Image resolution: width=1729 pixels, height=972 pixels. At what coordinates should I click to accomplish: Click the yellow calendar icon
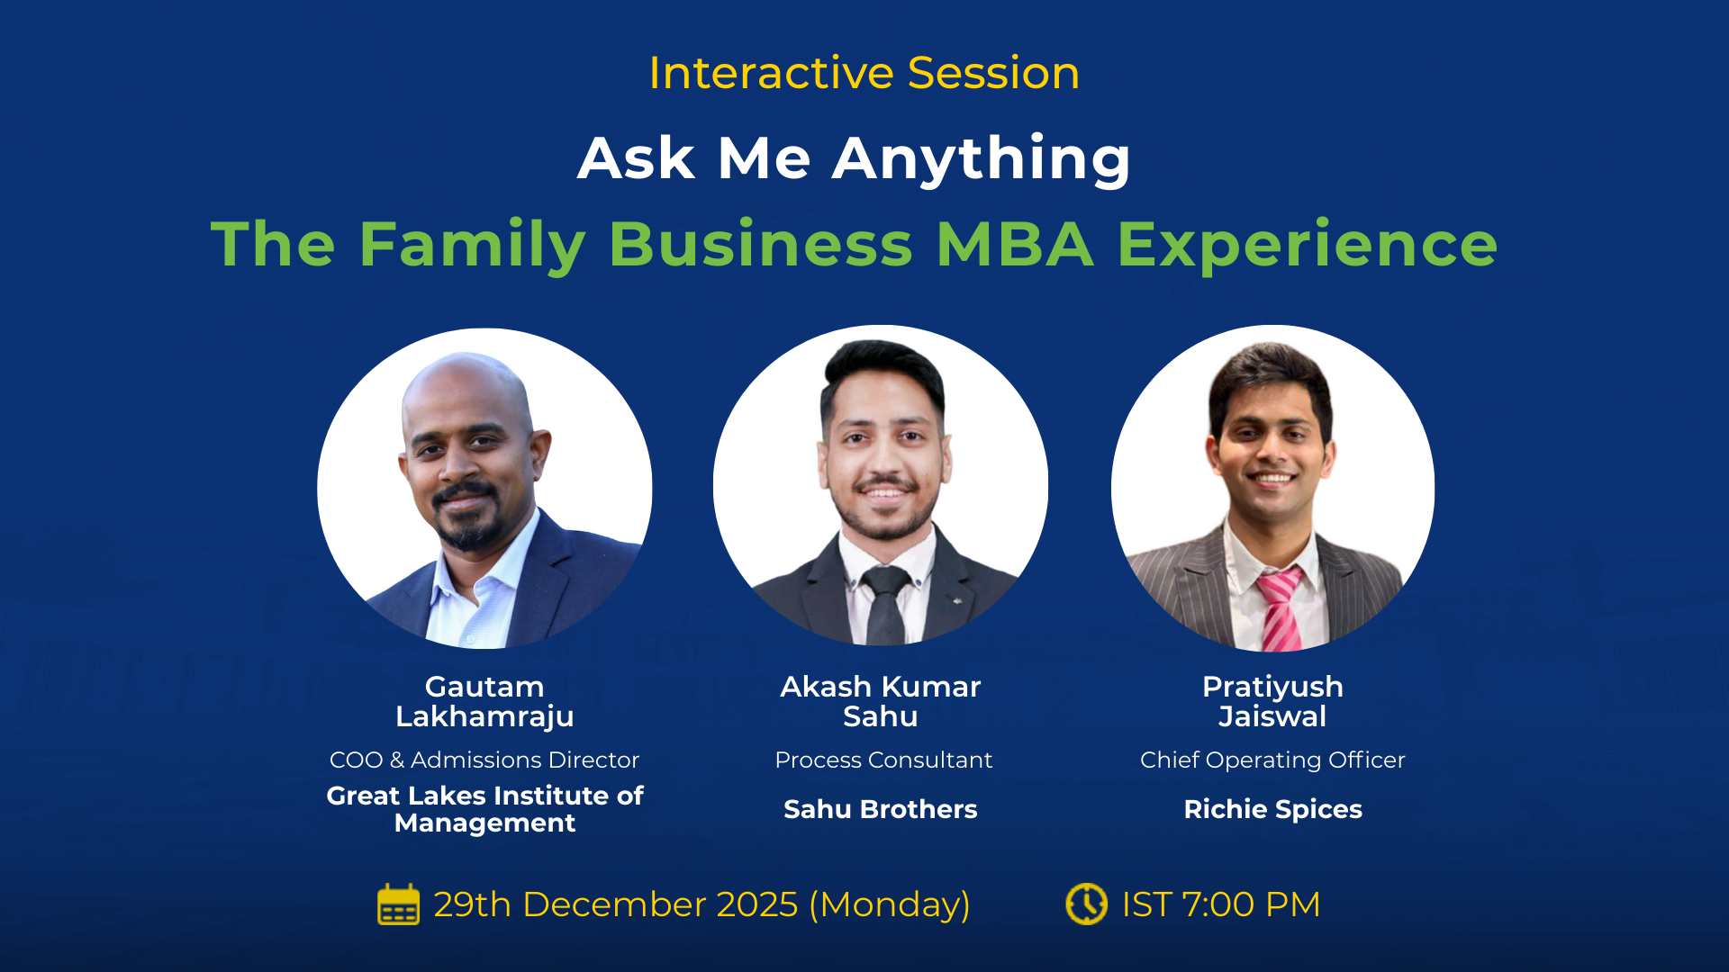tap(398, 904)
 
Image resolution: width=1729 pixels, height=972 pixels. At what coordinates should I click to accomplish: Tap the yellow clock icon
tap(1087, 904)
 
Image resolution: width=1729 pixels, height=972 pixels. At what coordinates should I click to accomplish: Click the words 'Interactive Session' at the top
tap(864, 73)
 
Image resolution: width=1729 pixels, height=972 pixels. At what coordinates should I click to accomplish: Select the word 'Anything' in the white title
tap(982, 159)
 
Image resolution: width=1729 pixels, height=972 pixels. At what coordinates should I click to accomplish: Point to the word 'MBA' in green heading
tap(1015, 244)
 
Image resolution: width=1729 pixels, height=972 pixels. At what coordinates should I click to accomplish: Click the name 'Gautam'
tap(484, 687)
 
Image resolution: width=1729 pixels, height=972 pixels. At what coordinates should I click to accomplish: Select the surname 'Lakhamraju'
tap(484, 717)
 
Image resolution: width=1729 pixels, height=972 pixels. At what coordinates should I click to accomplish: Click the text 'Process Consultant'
tap(883, 760)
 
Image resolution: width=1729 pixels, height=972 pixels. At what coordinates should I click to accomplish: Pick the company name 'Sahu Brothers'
tap(880, 809)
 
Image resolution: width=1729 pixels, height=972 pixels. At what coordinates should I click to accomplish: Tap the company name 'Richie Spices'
tap(1272, 809)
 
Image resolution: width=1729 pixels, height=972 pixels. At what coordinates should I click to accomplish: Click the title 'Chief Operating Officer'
tap(1272, 760)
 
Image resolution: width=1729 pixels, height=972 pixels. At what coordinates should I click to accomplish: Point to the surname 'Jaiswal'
tap(1272, 717)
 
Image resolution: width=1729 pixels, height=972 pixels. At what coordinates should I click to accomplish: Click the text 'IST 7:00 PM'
tap(1220, 904)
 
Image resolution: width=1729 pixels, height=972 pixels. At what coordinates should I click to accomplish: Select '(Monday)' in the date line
tap(890, 904)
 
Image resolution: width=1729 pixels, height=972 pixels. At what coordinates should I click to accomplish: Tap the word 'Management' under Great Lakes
tap(484, 823)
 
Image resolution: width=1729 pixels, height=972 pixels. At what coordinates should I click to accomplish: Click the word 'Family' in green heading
tap(472, 244)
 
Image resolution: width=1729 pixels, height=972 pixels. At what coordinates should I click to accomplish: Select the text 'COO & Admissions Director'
tap(484, 760)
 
